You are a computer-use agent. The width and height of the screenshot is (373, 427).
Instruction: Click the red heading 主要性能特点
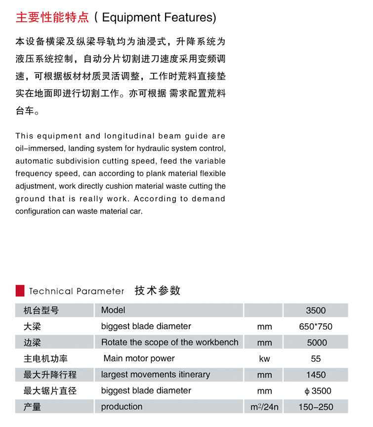click(x=52, y=18)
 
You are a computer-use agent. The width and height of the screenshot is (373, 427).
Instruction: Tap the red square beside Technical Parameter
click(x=20, y=290)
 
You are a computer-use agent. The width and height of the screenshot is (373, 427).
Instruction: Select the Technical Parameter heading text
click(x=77, y=291)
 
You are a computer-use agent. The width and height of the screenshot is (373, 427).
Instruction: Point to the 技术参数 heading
click(x=158, y=291)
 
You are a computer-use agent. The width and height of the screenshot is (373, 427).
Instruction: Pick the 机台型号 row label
click(x=41, y=310)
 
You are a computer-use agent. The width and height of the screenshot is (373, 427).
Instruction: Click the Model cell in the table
click(x=113, y=310)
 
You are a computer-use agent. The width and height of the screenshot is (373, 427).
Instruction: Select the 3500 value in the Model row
click(x=316, y=310)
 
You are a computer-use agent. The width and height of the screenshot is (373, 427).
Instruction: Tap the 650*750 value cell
click(x=316, y=326)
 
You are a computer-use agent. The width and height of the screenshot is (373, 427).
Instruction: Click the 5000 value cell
click(x=316, y=342)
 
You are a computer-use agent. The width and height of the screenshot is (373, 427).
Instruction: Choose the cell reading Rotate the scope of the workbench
click(x=169, y=342)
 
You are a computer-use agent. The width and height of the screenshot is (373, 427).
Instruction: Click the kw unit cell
click(x=264, y=359)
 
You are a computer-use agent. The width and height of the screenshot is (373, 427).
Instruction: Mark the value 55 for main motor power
click(x=316, y=359)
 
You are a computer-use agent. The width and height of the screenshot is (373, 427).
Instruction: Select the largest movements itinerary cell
click(x=156, y=375)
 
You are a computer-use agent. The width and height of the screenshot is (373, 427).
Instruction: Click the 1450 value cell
click(x=316, y=375)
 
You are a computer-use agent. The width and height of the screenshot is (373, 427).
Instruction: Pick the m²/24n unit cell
click(x=264, y=407)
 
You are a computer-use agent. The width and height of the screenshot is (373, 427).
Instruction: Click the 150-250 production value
click(x=316, y=407)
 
